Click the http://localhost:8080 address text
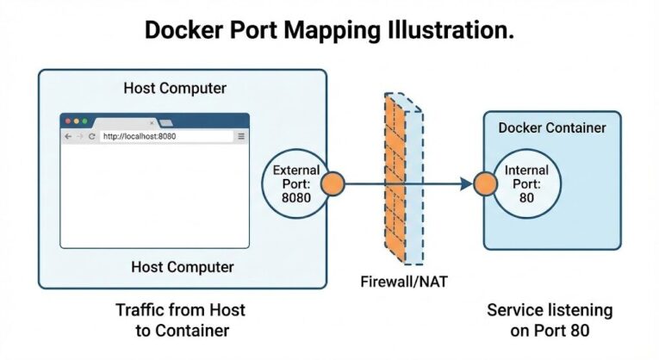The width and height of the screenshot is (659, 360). point(139,136)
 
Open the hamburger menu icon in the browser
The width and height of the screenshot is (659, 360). point(241,136)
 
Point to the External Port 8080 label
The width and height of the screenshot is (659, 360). point(295,183)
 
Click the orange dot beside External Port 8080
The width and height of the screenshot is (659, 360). point(333,183)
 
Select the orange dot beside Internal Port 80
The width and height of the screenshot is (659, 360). point(486,183)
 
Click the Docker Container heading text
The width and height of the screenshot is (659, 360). point(552,128)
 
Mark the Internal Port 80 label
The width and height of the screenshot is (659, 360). point(526,183)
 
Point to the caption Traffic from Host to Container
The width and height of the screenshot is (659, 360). point(180,319)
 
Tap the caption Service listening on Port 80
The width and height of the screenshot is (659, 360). point(550,319)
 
